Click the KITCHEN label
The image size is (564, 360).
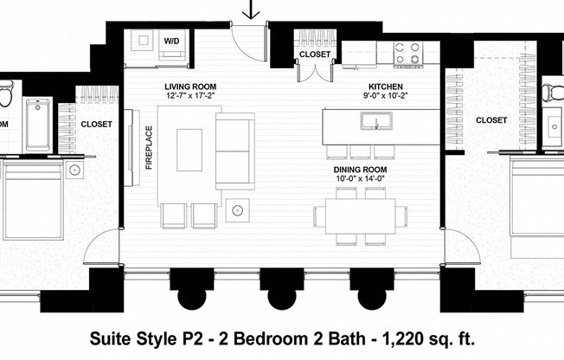coord(386,87)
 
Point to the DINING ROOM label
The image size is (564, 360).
coord(360,170)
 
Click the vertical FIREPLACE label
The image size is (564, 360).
coord(149,149)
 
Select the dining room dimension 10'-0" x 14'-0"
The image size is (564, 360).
coord(360,179)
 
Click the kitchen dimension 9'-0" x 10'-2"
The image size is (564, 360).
coord(386,96)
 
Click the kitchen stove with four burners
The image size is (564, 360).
coord(407,54)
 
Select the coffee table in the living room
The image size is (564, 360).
coord(189,150)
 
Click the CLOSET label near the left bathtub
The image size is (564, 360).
coord(96,124)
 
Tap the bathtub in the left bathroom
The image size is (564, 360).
coord(37,124)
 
